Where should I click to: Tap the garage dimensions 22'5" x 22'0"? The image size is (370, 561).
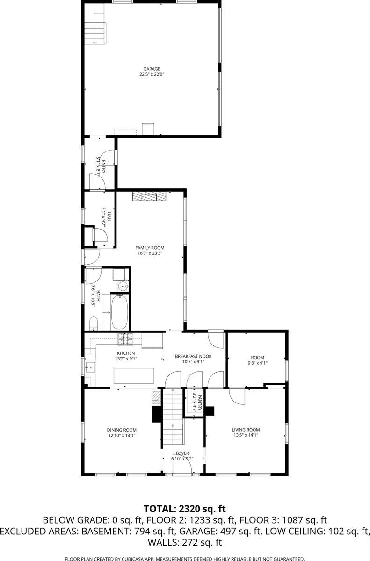coord(152,74)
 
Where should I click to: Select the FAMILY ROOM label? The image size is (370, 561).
coord(150,248)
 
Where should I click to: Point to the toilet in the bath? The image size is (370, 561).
coord(93,323)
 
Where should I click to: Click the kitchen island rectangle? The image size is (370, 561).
coord(134,375)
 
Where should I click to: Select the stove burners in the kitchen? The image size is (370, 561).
coord(125,337)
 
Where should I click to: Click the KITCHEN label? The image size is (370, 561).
coord(125,353)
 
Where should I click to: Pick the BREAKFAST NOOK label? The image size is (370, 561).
coord(193,356)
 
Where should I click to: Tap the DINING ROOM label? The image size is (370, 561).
coord(122,430)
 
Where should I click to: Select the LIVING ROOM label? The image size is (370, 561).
coord(246,430)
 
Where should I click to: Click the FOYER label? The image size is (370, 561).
coord(182,453)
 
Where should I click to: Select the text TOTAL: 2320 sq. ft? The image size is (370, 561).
coord(185,509)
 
